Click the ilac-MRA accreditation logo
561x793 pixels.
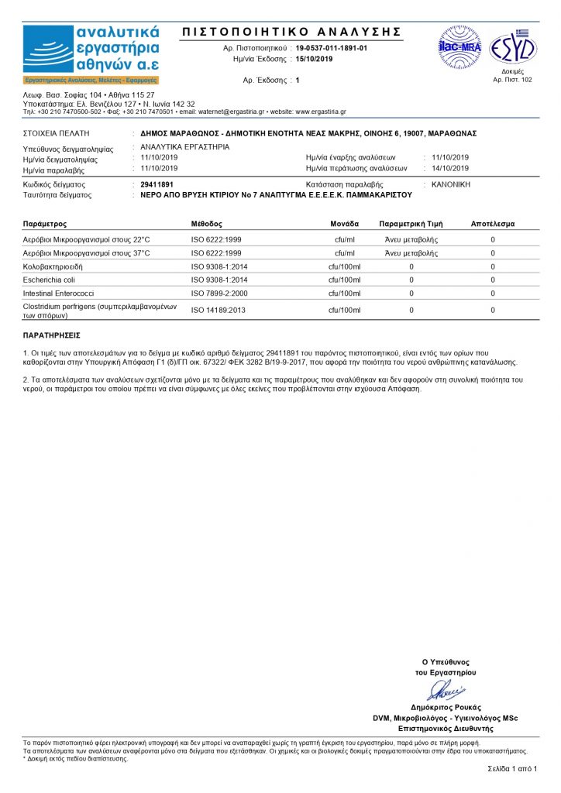click(x=459, y=47)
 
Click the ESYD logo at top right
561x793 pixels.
click(x=512, y=47)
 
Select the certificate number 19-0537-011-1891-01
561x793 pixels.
click(x=332, y=48)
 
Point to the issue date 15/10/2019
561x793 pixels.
click(x=313, y=59)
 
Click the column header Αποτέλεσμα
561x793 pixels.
click(x=493, y=224)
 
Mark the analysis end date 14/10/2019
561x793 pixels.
click(x=450, y=168)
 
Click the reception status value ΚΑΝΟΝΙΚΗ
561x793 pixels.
click(x=450, y=185)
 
